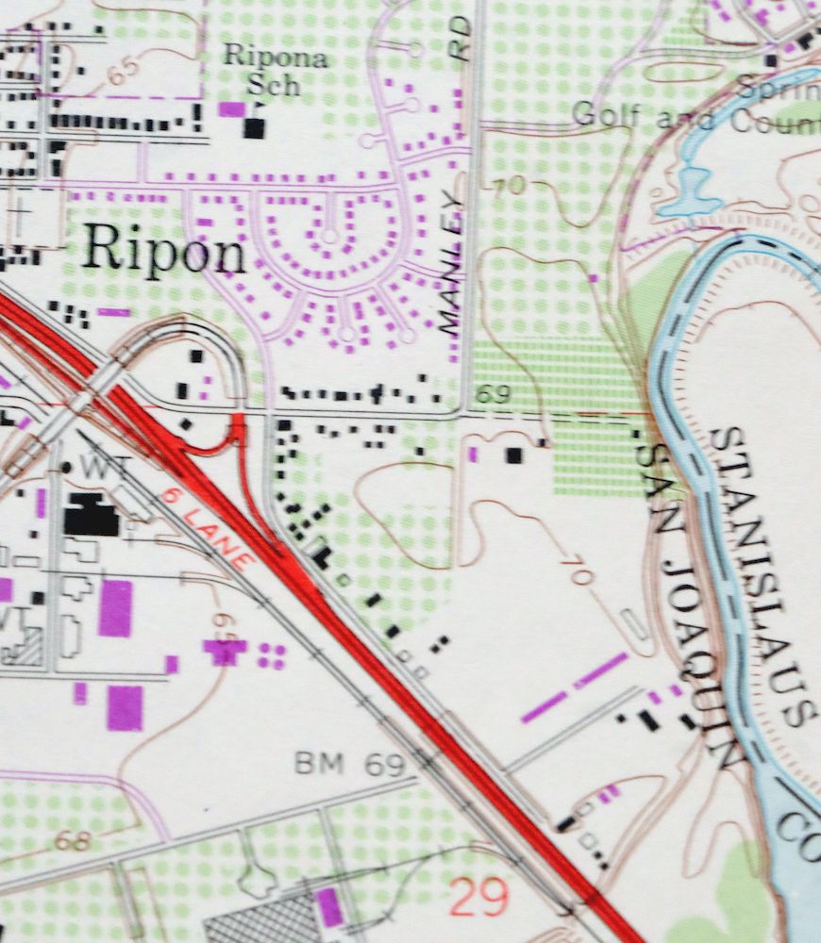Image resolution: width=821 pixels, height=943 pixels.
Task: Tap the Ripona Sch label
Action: pos(276,71)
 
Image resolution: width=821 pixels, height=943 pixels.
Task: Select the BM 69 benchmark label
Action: pos(348,764)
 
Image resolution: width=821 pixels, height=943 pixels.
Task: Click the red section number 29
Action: pos(478,897)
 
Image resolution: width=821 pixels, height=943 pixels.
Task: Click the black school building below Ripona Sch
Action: pos(253,127)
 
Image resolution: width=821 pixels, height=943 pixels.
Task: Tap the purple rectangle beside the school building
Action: pos(230,108)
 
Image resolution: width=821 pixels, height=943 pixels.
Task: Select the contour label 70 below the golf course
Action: pos(507,186)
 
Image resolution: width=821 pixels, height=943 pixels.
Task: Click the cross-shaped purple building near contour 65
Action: pos(225,649)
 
